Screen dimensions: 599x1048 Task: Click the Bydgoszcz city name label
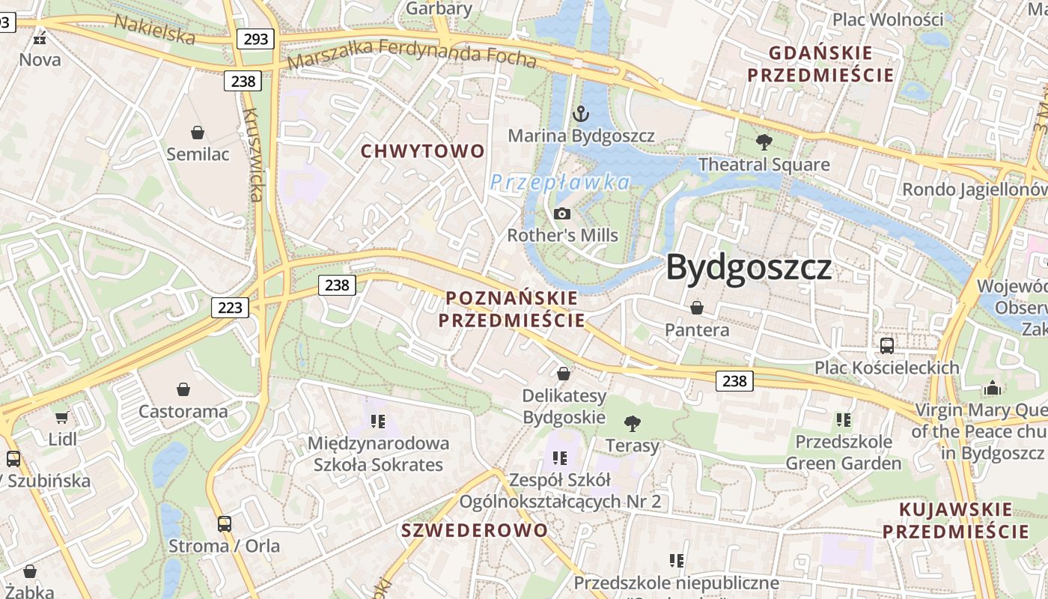[x=749, y=267]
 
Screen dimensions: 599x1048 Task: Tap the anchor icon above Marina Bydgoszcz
[x=580, y=114]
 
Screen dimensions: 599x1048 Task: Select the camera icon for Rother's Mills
[x=562, y=214]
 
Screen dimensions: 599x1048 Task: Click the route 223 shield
[x=230, y=307]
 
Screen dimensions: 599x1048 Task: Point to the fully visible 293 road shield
[x=256, y=39]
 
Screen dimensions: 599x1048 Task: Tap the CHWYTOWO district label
[x=423, y=151]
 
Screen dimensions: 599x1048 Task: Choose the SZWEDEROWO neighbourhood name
[x=475, y=530]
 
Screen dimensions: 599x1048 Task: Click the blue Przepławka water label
[x=561, y=182]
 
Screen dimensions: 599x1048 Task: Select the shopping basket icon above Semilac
[x=198, y=133]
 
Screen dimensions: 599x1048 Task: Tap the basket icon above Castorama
[x=183, y=389]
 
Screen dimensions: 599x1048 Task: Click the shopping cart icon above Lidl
[x=61, y=417]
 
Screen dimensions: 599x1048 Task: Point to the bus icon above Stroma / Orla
[x=224, y=524]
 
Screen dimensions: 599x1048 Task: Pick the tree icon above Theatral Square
[x=764, y=142]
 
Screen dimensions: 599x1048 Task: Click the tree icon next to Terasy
[x=633, y=424]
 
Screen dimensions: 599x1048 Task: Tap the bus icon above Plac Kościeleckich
[x=887, y=345]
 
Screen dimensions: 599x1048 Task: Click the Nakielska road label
[x=154, y=28]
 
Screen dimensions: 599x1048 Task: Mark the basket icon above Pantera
[x=697, y=308]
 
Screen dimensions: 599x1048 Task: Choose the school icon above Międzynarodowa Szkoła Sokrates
[x=378, y=421]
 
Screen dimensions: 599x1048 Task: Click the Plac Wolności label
[x=888, y=19]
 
